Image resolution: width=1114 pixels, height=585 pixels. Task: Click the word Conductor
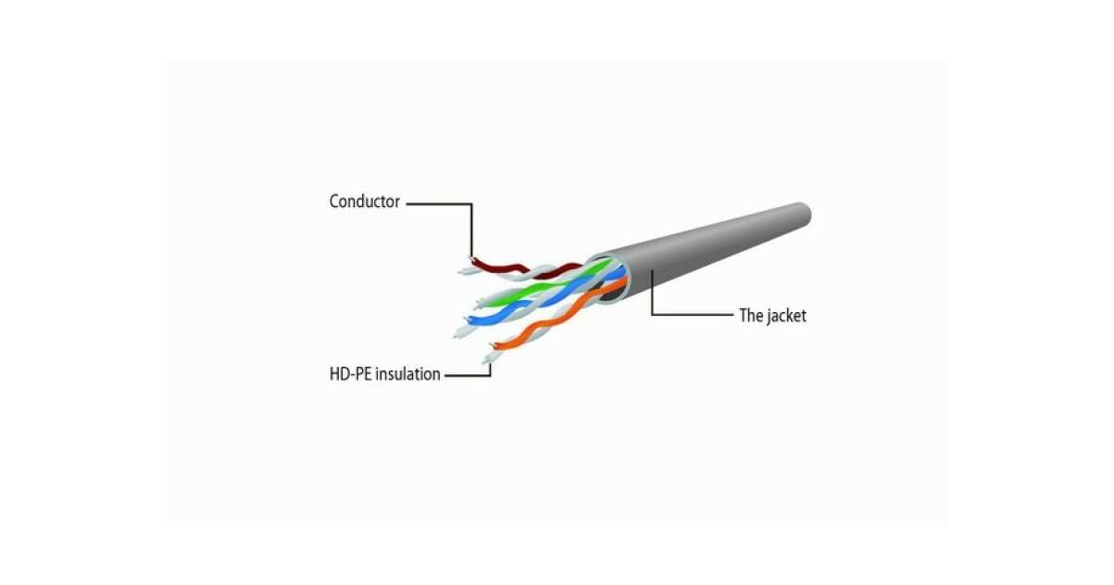click(365, 201)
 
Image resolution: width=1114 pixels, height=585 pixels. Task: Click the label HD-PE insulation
click(385, 374)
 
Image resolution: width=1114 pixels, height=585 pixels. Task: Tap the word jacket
click(785, 316)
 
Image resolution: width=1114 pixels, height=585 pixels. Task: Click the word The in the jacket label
click(750, 316)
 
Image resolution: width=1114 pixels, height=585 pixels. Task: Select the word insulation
click(408, 374)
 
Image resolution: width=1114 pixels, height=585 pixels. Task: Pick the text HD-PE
click(351, 374)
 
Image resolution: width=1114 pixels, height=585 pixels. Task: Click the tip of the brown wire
click(473, 259)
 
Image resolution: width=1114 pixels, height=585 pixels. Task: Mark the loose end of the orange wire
click(493, 345)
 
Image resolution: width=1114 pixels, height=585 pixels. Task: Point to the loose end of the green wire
click(479, 302)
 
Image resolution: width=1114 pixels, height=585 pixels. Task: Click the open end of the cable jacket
click(610, 279)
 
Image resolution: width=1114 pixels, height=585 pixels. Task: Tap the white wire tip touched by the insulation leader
click(488, 358)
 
